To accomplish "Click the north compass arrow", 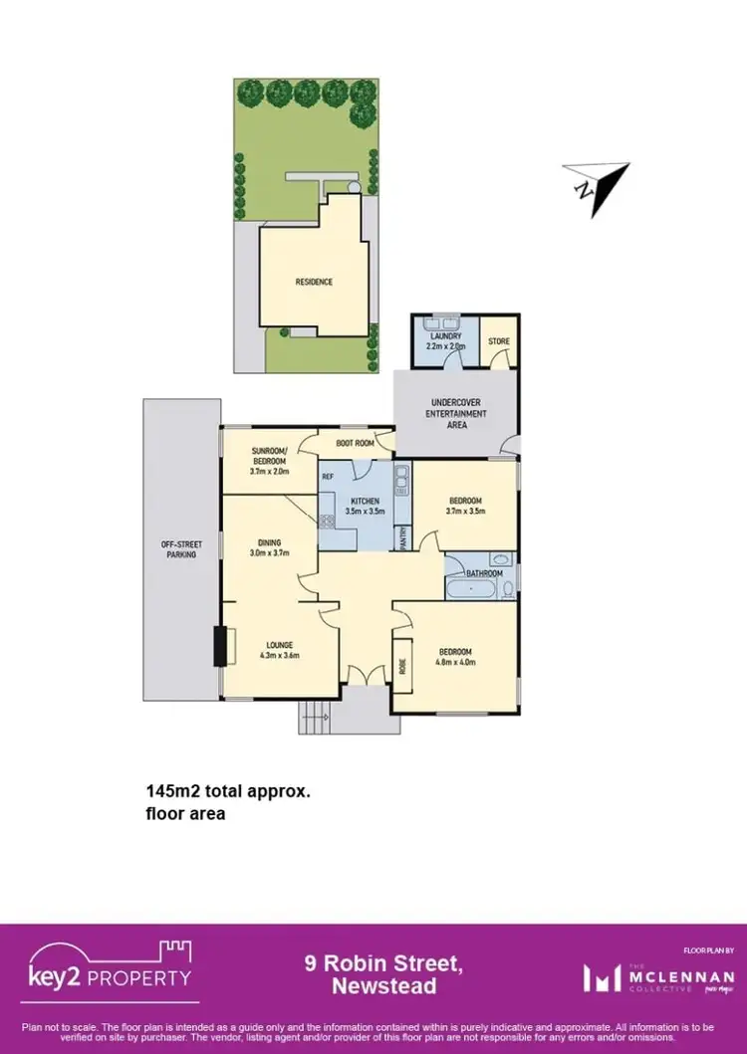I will click(x=598, y=185).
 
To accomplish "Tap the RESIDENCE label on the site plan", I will click(x=313, y=282).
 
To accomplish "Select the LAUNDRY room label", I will click(x=445, y=336).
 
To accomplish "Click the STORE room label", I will click(x=498, y=341).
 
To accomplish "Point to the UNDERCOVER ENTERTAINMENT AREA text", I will click(x=456, y=413).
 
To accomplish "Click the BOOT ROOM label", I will click(x=355, y=443).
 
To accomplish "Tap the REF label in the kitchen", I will click(x=328, y=477).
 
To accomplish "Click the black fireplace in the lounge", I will click(x=220, y=646).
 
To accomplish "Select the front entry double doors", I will click(x=367, y=676).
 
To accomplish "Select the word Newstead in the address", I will click(x=382, y=985).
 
